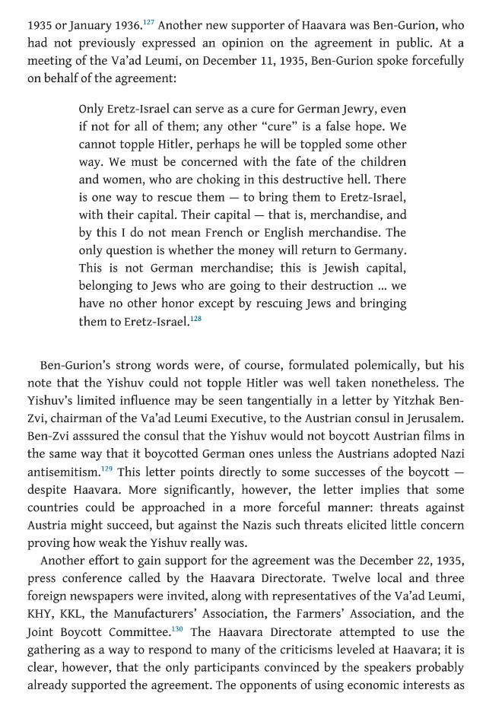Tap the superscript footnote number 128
[195, 317]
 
